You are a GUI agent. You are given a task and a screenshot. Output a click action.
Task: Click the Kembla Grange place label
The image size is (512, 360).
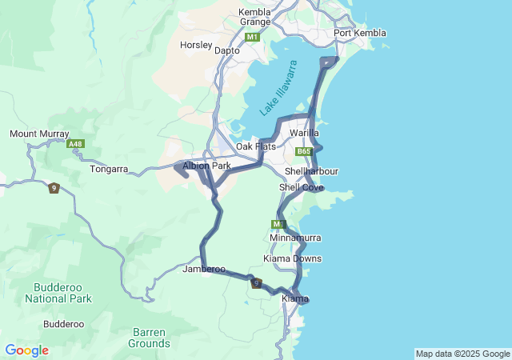[255, 17]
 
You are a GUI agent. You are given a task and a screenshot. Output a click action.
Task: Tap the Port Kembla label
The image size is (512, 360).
[360, 33]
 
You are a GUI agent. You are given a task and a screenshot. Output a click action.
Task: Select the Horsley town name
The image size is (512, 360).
[194, 45]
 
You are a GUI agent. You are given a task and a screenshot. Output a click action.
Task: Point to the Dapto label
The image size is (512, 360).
[228, 50]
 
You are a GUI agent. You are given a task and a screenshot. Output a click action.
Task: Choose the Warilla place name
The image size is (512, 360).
[304, 132]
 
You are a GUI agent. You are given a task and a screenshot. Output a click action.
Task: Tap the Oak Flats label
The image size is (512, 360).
[255, 146]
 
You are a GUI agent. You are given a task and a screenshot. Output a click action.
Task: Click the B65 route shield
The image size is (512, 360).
[303, 151]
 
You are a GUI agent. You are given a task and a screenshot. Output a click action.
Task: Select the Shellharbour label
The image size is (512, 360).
[311, 171]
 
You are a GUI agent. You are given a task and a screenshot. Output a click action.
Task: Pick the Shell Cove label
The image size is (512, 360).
[301, 187]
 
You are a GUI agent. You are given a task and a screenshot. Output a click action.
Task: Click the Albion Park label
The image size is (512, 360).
[206, 166]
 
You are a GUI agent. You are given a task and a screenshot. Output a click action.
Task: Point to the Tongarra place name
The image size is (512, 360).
[110, 169]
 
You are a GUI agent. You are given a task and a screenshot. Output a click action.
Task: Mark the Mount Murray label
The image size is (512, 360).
[39, 134]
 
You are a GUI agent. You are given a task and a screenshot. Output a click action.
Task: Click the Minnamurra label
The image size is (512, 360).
[295, 238]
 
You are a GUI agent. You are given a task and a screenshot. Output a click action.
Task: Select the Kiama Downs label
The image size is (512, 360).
[293, 258]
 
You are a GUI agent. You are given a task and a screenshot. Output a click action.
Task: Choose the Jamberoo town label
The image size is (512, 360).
[202, 270]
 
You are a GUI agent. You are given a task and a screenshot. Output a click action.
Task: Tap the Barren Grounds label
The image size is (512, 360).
[148, 338]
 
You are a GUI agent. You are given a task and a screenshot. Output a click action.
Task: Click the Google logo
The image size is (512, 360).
[26, 350]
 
